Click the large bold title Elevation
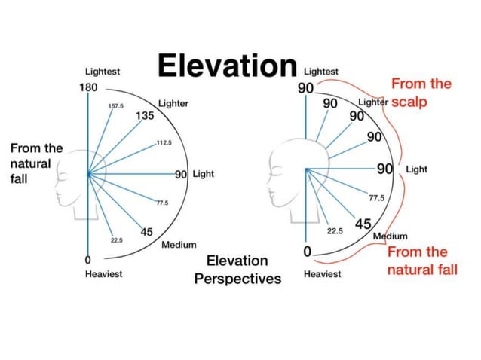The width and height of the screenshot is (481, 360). (228, 66)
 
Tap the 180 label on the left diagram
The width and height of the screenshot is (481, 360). (88, 87)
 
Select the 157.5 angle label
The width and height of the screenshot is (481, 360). (115, 106)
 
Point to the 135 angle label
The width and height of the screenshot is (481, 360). (145, 115)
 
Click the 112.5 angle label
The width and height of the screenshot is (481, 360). (164, 142)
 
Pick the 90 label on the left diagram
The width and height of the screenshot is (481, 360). (181, 174)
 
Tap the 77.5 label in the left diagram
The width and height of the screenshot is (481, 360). (162, 203)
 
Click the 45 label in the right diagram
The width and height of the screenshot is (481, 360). (363, 224)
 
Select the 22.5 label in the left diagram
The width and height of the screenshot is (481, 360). (117, 240)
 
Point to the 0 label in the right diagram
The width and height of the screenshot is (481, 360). (308, 252)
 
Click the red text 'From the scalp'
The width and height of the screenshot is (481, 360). (421, 93)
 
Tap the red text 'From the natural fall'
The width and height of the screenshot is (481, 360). (422, 261)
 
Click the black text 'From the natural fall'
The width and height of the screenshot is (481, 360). (36, 163)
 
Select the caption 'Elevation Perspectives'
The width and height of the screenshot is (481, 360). (237, 270)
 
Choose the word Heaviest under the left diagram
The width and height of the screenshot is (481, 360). (104, 274)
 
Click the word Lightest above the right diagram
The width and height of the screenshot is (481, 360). (321, 72)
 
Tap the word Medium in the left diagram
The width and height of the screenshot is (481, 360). (179, 245)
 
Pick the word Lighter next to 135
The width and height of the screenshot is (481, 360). (173, 104)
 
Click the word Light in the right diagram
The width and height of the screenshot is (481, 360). (417, 169)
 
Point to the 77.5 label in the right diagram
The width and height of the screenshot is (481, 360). (377, 198)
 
